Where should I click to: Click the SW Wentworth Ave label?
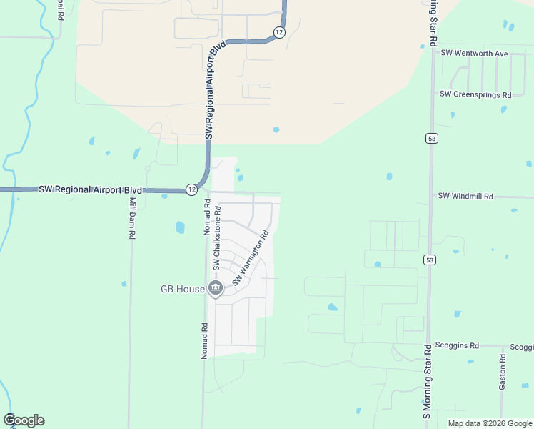(474, 54)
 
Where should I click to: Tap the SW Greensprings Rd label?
(475, 94)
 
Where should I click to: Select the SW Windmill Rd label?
(465, 196)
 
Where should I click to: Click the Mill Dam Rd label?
(132, 219)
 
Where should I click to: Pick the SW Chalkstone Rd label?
(217, 238)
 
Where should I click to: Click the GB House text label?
(182, 290)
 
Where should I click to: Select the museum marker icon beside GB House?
(216, 288)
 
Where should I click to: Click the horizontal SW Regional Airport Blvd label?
(90, 189)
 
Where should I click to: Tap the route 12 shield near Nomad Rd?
(191, 189)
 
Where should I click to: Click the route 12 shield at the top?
(279, 32)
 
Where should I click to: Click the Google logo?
(24, 420)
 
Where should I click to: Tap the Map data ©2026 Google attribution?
(489, 423)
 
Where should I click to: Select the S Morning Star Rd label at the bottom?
(426, 382)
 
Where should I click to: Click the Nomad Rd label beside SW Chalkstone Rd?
(206, 217)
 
